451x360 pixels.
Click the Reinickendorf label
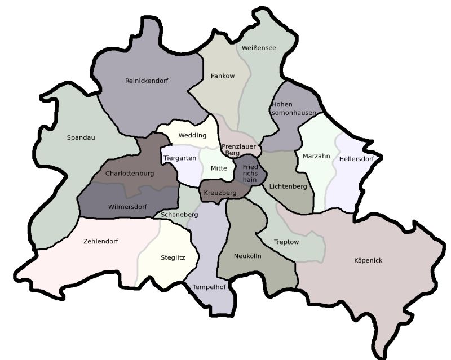[147, 81]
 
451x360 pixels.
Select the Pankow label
[222, 75]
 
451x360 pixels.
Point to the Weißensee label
[259, 48]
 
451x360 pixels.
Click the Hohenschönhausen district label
[293, 109]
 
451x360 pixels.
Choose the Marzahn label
[316, 156]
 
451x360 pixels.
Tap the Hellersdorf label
[356, 159]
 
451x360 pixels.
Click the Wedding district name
[192, 135]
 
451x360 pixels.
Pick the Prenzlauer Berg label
[238, 149]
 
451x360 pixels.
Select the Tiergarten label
[180, 158]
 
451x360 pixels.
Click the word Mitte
[219, 168]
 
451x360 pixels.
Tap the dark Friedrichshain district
[250, 173]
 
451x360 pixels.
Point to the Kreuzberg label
[220, 193]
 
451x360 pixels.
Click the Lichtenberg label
[288, 186]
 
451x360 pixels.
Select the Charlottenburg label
[129, 174]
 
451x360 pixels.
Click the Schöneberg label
[179, 215]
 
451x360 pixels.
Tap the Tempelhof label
[209, 287]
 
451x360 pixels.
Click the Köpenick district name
[368, 260]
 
